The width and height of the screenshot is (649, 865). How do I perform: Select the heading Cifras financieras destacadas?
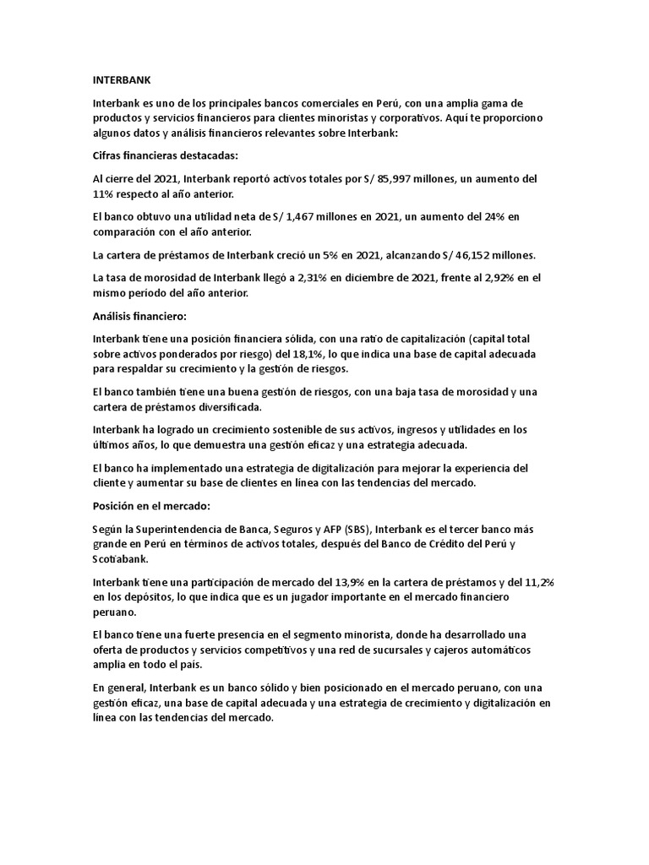point(152,156)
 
